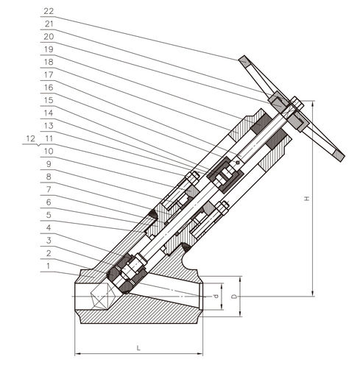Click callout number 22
point(49,11)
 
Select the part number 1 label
point(49,266)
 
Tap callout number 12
point(31,138)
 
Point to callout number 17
point(49,74)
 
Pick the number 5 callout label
point(49,215)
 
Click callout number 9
point(49,164)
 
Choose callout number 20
point(49,37)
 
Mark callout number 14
point(49,113)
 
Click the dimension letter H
point(306,199)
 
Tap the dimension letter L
point(138,348)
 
